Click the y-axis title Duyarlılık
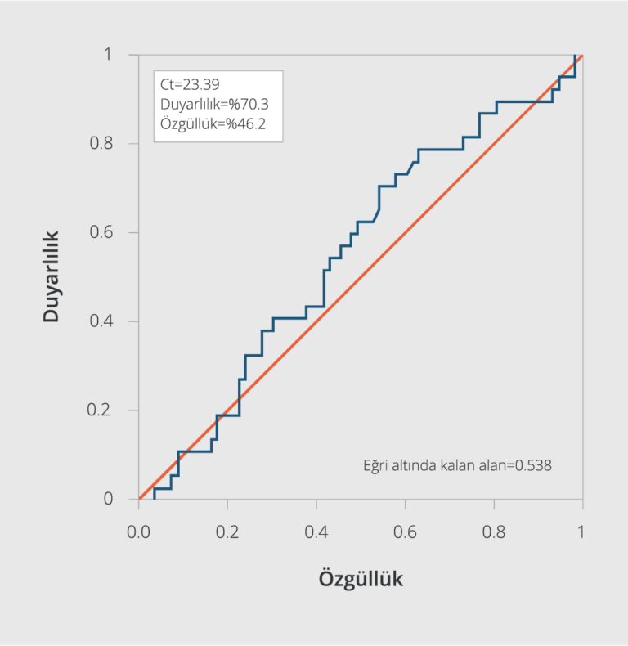click(52, 276)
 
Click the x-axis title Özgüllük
click(361, 579)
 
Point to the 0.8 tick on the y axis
click(103, 144)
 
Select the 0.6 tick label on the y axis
click(103, 233)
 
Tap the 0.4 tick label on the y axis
click(103, 321)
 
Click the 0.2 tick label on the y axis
click(103, 410)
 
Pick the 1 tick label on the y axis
click(109, 55)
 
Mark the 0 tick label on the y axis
click(109, 499)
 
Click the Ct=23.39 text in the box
click(191, 83)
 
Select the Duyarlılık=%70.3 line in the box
click(215, 104)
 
